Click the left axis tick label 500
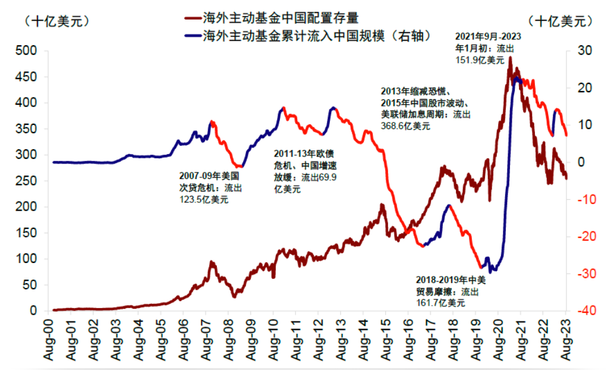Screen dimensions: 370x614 [27, 51]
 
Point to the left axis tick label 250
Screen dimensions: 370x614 [27, 181]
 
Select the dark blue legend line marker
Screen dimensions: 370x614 [192, 36]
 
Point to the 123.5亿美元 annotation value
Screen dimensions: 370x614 [204, 200]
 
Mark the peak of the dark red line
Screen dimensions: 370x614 [511, 58]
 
